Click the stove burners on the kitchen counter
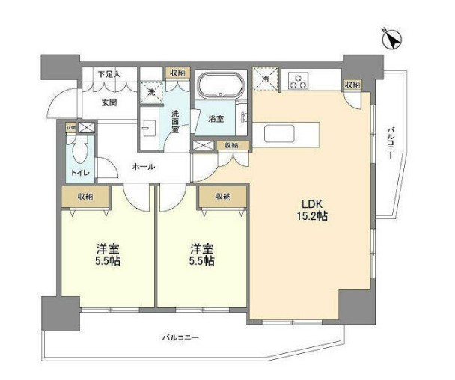pyautogui.click(x=298, y=80)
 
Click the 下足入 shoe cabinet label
pyautogui.click(x=109, y=74)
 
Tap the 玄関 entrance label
pyautogui.click(x=110, y=102)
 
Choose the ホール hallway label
pyautogui.click(x=143, y=166)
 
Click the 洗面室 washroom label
pyautogui.click(x=174, y=117)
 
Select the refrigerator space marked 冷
pyautogui.click(x=265, y=78)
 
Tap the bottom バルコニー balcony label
pyautogui.click(x=180, y=337)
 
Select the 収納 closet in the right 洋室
pyautogui.click(x=222, y=197)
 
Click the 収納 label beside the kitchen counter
pyautogui.click(x=351, y=85)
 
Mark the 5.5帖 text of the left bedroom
pyautogui.click(x=108, y=261)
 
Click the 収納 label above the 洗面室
pyautogui.click(x=177, y=73)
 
